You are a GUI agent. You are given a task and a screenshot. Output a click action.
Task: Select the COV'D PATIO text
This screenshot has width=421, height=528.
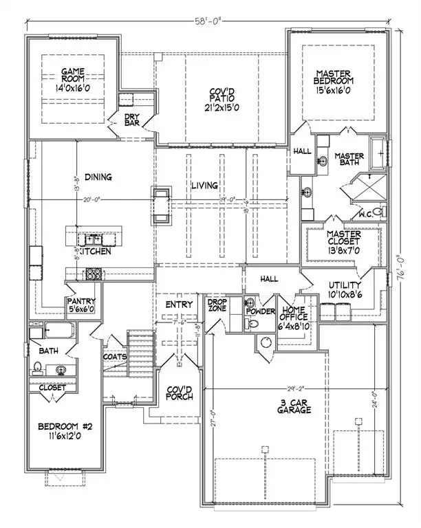click(x=217, y=100)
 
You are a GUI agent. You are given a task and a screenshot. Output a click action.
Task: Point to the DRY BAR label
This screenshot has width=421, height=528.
click(x=131, y=121)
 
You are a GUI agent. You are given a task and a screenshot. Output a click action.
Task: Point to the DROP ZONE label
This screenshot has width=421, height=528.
click(x=217, y=305)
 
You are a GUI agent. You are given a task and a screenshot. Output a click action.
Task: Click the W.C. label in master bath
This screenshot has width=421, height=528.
click(x=365, y=213)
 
